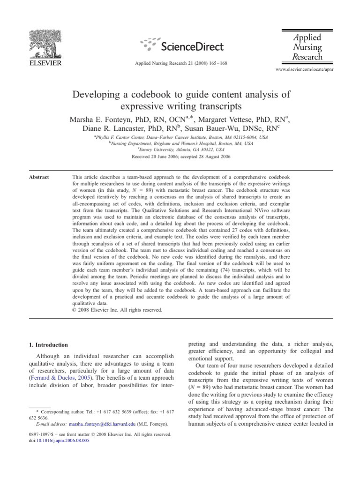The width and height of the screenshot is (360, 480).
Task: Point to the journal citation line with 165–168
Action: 180,62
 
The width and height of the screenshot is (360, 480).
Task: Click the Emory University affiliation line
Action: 180,150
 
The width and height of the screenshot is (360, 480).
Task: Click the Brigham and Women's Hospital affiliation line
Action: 180,143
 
